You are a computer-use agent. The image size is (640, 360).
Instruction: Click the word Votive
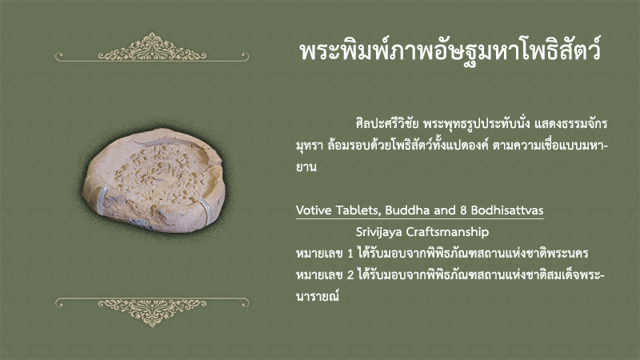314,210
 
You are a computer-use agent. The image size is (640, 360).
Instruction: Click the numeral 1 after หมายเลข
350,254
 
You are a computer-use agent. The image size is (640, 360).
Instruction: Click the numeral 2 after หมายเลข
350,275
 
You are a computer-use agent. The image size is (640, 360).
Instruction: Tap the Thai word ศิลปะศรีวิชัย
387,123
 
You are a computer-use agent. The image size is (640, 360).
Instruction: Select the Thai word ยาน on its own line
306,167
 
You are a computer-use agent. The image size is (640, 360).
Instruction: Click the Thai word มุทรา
310,146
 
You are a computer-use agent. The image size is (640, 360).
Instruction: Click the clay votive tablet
154,180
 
